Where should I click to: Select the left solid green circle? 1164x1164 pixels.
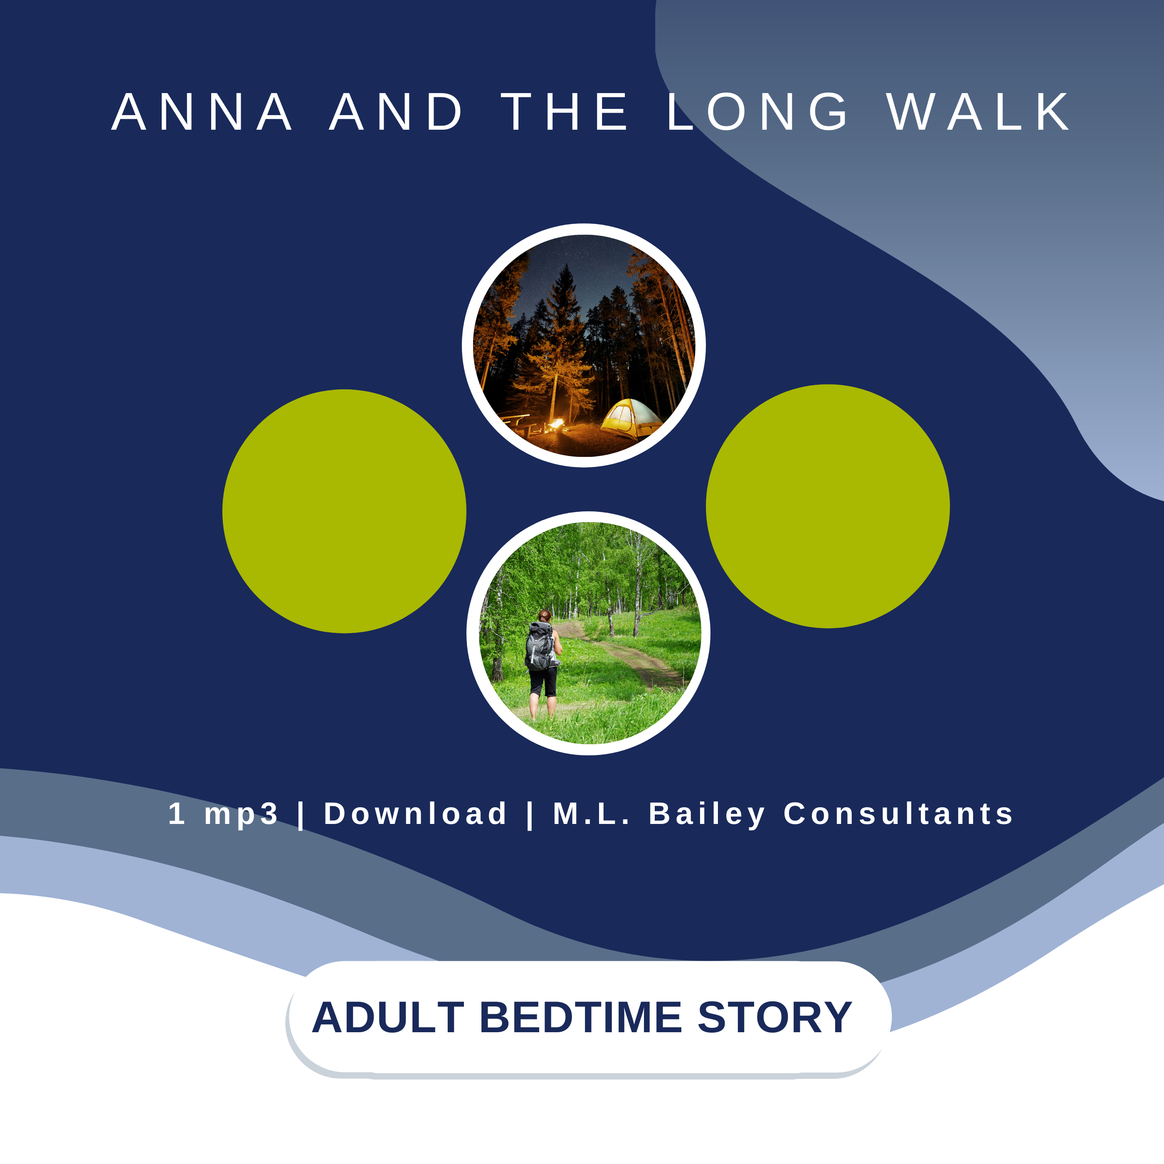344,511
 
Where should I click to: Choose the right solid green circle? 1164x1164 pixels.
828,506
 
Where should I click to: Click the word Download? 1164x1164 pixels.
416,814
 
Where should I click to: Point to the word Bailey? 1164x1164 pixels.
707,814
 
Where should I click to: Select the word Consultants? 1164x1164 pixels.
898,814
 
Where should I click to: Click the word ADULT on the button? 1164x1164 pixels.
388,1018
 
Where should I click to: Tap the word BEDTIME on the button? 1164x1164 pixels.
581,1018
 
